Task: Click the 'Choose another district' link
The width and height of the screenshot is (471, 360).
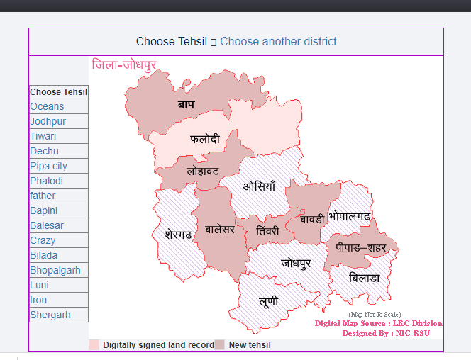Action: tap(278, 42)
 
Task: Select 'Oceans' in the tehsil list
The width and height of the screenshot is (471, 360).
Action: tap(47, 106)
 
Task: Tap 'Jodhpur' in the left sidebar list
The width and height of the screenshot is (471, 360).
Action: tap(48, 121)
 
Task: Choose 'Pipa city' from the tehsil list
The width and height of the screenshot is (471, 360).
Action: tap(49, 166)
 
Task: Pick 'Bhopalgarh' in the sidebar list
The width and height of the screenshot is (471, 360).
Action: tap(55, 270)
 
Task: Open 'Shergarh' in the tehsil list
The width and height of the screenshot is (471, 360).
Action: tap(50, 315)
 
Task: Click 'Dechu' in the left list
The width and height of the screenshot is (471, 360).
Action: tap(45, 151)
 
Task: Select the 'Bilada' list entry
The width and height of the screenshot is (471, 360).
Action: tap(44, 255)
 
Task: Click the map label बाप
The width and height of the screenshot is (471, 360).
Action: tap(186, 104)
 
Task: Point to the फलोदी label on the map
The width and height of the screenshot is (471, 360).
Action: tap(205, 139)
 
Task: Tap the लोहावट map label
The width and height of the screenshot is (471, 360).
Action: tap(203, 171)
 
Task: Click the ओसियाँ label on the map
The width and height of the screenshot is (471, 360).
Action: tap(259, 186)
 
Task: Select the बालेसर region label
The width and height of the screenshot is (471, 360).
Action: tap(219, 228)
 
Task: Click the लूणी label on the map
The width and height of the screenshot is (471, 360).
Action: tap(269, 302)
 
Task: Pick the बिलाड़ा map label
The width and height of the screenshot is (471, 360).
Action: tap(365, 279)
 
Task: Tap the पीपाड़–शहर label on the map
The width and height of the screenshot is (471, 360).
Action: tap(361, 248)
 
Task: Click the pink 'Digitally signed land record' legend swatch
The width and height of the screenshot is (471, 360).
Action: tap(94, 345)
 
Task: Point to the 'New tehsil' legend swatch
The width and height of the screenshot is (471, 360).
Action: tap(220, 345)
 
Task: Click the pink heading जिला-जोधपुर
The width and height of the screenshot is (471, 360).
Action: tap(124, 65)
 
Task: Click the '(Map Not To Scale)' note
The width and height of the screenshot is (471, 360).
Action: tap(375, 314)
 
